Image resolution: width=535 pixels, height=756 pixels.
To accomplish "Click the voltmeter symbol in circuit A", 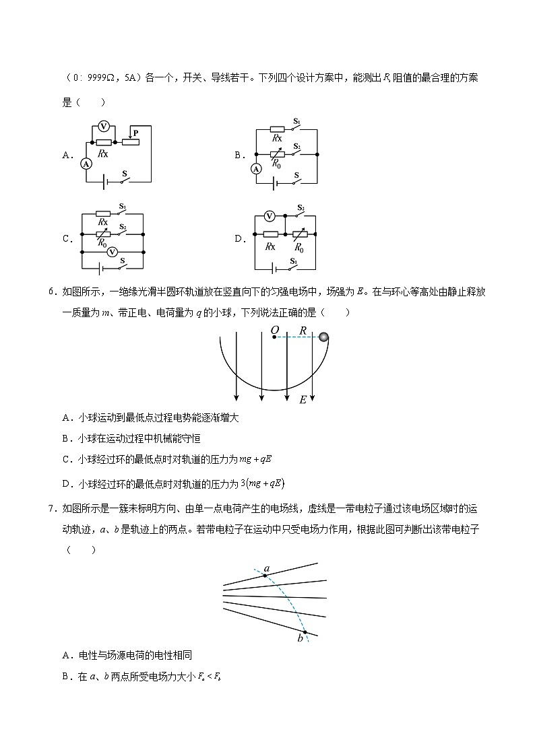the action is (x=104, y=126).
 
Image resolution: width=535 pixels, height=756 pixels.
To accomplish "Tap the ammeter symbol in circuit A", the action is (x=86, y=163).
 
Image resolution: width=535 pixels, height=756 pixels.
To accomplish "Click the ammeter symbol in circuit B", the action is (x=256, y=169).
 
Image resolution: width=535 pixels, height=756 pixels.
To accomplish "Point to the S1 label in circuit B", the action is (x=296, y=122).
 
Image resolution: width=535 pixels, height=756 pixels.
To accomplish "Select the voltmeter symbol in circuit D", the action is (x=270, y=216).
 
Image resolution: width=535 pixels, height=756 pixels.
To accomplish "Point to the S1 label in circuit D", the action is (x=294, y=261).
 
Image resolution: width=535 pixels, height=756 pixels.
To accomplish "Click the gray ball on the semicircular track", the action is (x=324, y=337).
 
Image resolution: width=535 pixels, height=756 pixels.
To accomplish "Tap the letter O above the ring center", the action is (x=274, y=330).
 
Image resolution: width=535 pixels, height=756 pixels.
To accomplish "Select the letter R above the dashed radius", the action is (x=303, y=331).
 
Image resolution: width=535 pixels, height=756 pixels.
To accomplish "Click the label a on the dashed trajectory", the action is (x=267, y=569).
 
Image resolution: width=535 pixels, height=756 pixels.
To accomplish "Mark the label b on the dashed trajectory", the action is (x=301, y=638).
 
